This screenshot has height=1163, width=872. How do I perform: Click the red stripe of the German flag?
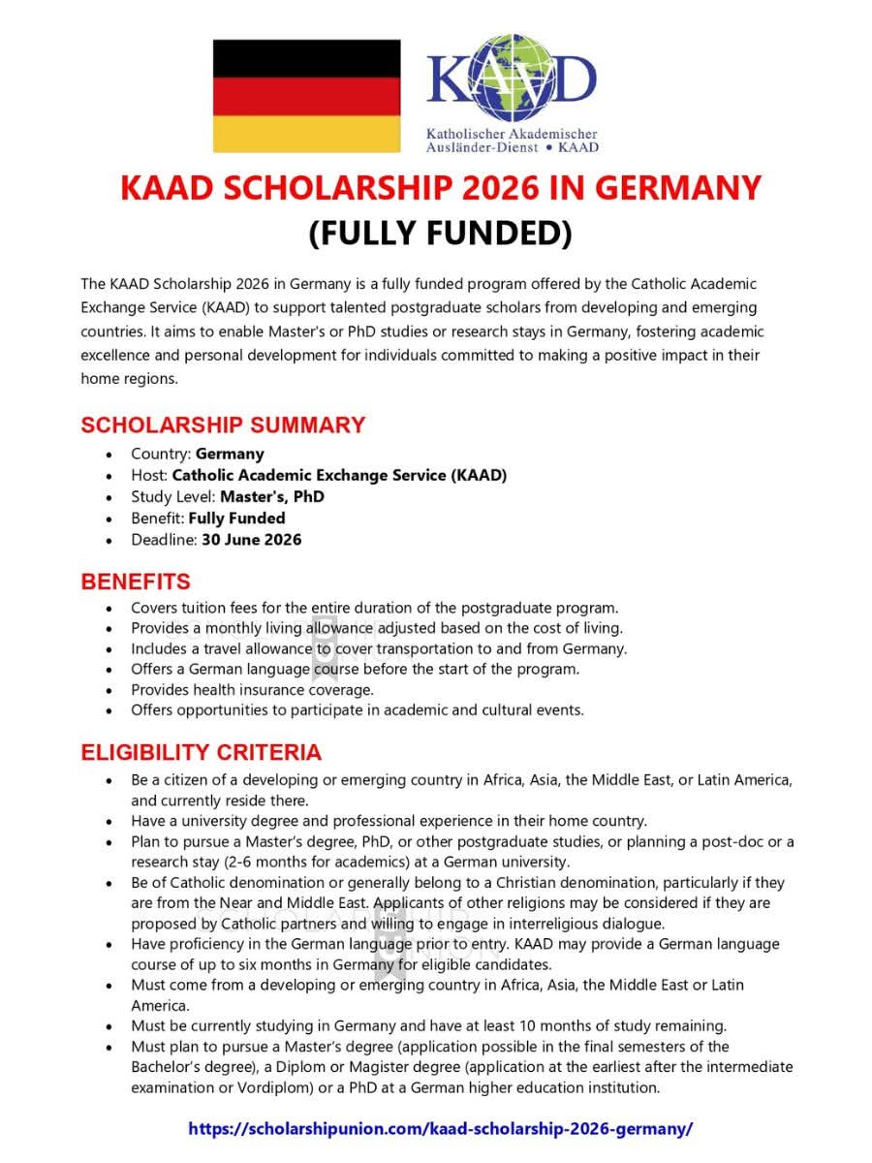pos(306,96)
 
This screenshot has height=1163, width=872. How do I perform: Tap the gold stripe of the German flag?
pos(306,134)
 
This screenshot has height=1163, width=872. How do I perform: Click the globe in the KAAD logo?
pos(512,74)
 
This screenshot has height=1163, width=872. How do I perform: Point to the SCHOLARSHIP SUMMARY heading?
pos(223,424)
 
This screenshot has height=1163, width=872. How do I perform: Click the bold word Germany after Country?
pos(230,454)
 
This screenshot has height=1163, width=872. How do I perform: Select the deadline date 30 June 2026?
pos(251,539)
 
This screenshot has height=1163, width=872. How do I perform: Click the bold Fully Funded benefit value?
pos(236,518)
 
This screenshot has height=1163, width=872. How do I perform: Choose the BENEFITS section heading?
pos(136,581)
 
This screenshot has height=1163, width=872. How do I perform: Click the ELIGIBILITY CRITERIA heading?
pos(201,752)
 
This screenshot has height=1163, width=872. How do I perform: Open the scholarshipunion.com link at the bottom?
pos(441,1128)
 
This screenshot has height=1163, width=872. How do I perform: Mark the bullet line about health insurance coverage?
pos(252,689)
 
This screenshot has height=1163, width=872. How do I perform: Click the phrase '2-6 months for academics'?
pos(313,862)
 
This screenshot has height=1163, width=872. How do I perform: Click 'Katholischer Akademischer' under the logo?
pos(512,134)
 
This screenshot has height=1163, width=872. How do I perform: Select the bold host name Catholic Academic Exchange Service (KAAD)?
pos(339,475)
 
